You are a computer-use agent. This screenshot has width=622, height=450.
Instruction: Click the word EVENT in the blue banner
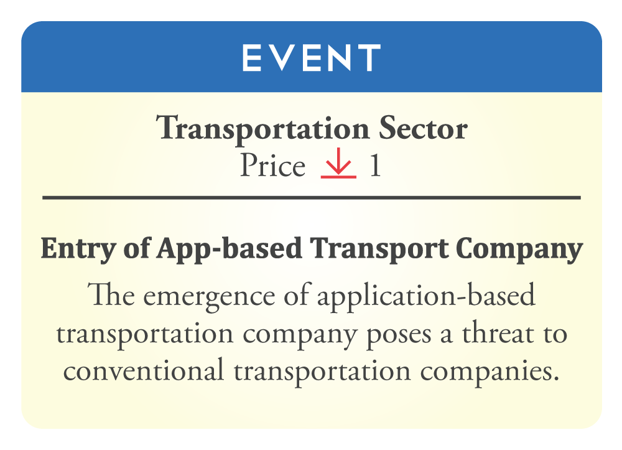coord(312,57)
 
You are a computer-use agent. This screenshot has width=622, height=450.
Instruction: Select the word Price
coord(273,165)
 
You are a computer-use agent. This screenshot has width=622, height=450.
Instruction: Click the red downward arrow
coord(338,162)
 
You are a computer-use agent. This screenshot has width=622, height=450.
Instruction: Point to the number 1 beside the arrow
coord(375,166)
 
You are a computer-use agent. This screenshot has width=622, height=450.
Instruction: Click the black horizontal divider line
coord(312,197)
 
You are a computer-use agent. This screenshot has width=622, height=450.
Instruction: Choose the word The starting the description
coord(111,294)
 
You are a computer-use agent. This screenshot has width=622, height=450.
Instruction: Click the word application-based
coord(426,296)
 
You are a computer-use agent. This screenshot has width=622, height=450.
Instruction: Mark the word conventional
coord(143,370)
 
